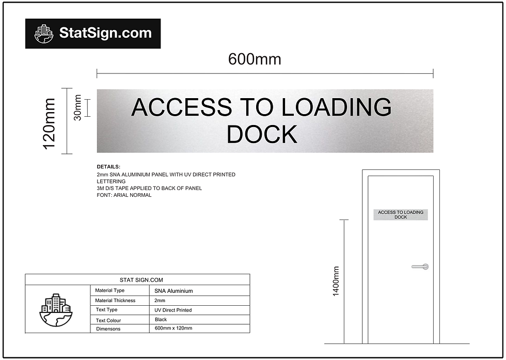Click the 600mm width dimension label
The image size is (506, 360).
point(255,59)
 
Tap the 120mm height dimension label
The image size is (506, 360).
point(49,123)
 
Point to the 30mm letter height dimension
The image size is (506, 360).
point(77,107)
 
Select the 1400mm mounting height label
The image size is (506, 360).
point(336,281)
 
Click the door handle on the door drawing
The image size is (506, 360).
point(420,267)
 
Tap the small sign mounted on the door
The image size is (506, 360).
point(401,214)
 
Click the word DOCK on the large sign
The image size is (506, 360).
point(262,134)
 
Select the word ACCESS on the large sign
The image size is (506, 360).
point(182,107)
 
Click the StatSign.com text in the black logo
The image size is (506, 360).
point(105,34)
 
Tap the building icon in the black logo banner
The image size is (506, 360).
point(44,34)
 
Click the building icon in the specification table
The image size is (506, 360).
point(56,310)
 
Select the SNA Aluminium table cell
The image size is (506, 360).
point(173,291)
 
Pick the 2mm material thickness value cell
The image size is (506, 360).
point(160,300)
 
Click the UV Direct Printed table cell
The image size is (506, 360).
point(173,310)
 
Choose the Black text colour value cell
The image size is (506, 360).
point(161,320)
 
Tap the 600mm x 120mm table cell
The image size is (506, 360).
point(173,328)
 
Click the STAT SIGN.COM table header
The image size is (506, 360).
point(137,280)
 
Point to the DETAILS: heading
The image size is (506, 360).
point(108,167)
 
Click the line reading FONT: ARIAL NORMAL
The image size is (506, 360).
point(124,195)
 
